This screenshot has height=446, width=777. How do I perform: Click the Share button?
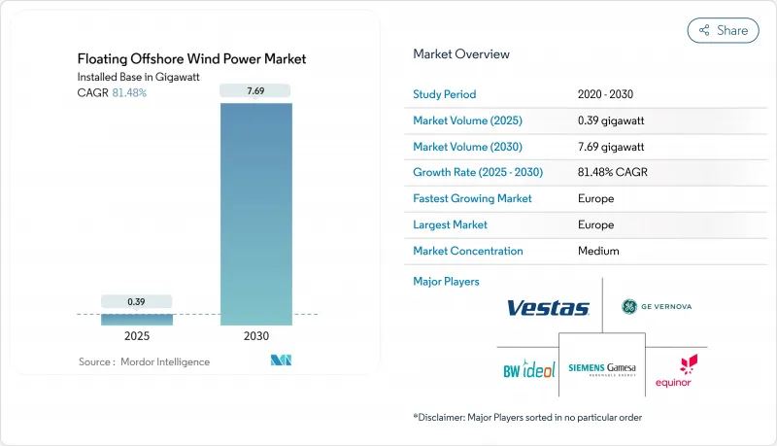(x=723, y=30)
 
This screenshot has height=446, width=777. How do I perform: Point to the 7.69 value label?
(x=256, y=91)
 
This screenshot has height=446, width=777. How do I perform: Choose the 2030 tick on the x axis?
(x=256, y=336)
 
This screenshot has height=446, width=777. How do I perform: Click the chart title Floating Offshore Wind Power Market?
(x=192, y=59)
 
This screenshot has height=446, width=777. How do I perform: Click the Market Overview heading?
(x=461, y=53)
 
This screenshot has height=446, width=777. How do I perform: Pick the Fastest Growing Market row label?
(x=473, y=198)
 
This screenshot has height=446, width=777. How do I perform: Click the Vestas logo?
(x=548, y=308)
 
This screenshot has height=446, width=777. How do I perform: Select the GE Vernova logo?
(x=657, y=307)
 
